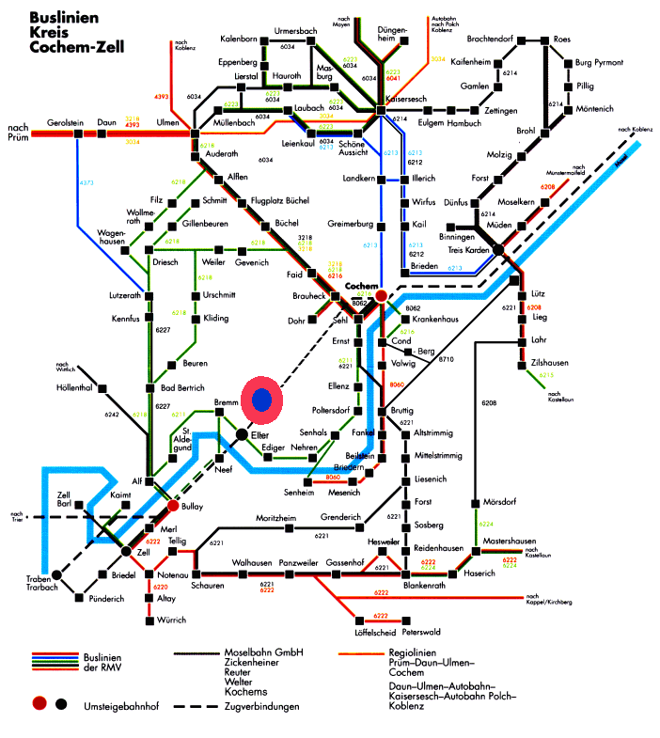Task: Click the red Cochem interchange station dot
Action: [381, 296]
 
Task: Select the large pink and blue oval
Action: [268, 400]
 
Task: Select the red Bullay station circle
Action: [173, 506]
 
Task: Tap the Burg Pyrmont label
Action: [600, 63]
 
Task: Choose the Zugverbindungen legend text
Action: [262, 705]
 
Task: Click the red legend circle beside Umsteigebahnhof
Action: [39, 702]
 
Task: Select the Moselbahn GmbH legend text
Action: [262, 652]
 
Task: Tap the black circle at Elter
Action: [243, 434]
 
